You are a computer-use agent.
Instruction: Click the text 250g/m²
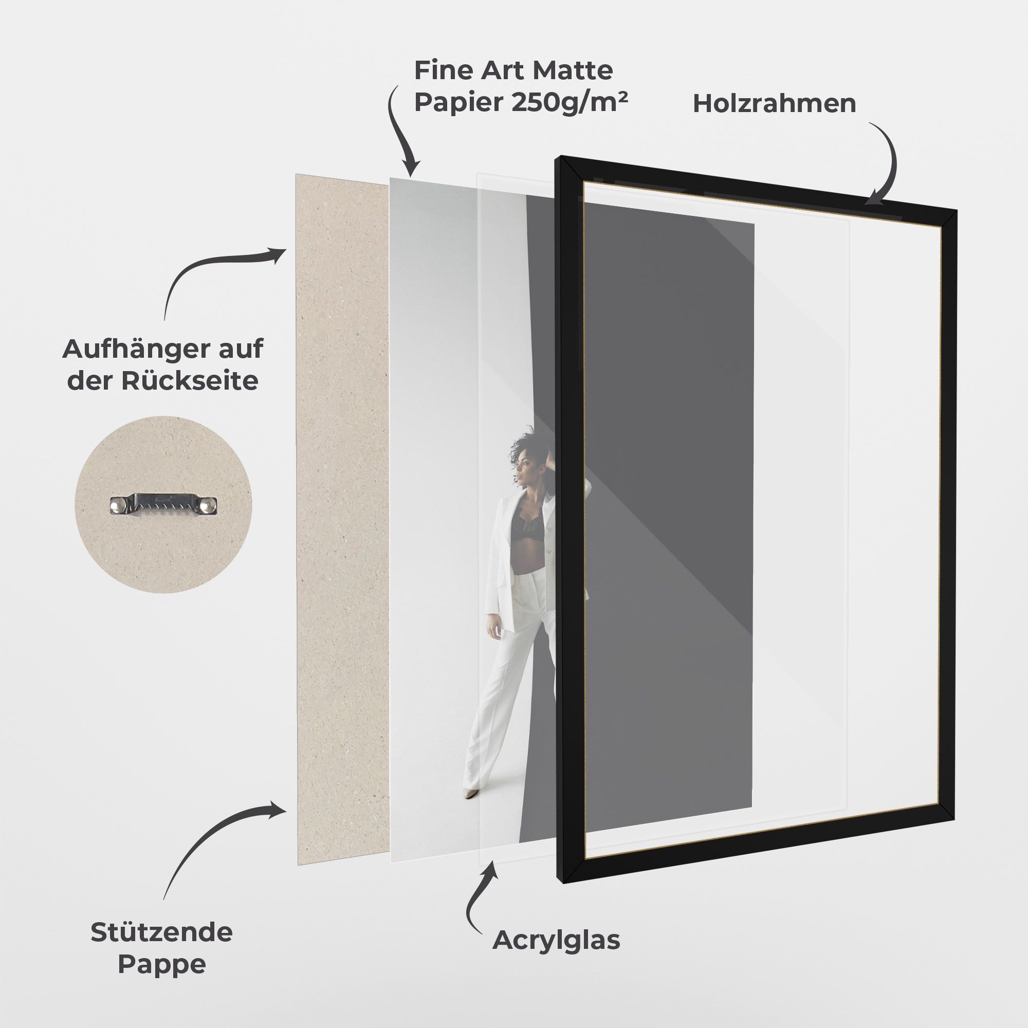570,102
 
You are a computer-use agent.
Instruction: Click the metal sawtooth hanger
164,504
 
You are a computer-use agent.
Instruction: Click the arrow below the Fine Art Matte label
402,130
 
